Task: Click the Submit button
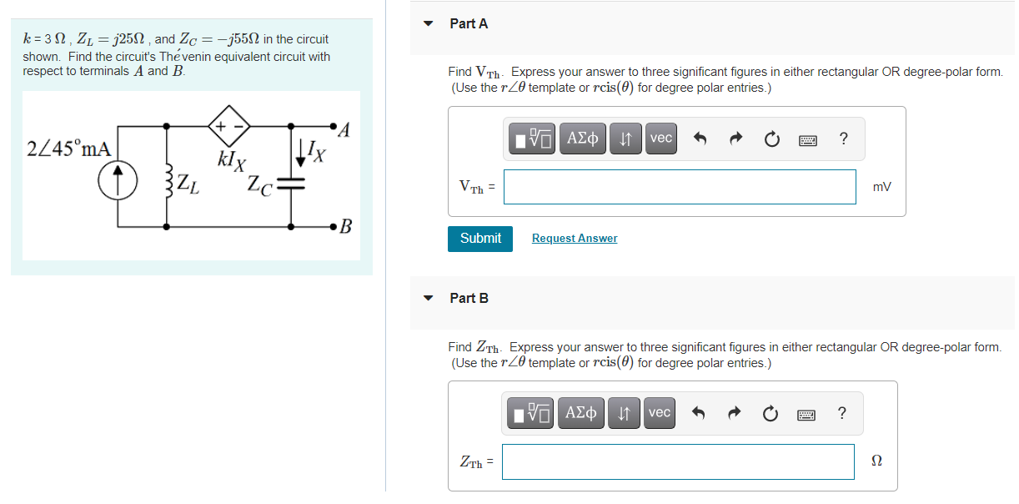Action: [x=480, y=239]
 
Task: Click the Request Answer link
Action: [x=575, y=239]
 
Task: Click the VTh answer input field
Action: [x=680, y=187]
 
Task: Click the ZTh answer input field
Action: [x=678, y=461]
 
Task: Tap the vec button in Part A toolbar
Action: [x=661, y=139]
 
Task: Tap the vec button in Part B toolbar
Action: [x=660, y=413]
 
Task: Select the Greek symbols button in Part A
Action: [x=583, y=139]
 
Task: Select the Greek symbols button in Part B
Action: [x=581, y=413]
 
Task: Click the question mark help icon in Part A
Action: [x=844, y=139]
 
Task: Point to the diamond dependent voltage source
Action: [x=228, y=126]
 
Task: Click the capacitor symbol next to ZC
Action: [x=291, y=184]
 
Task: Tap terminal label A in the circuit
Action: [x=347, y=130]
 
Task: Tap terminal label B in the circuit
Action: [x=346, y=225]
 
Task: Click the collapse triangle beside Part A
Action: [x=429, y=24]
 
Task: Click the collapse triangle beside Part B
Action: [x=429, y=298]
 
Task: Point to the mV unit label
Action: [x=881, y=188]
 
